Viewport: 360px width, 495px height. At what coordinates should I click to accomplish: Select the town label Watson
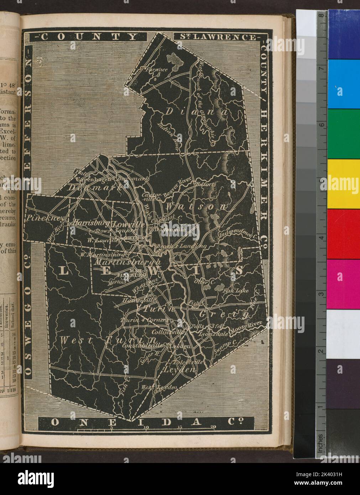[x=196, y=206]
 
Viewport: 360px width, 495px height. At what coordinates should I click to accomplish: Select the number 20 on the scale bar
[x=213, y=427]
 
